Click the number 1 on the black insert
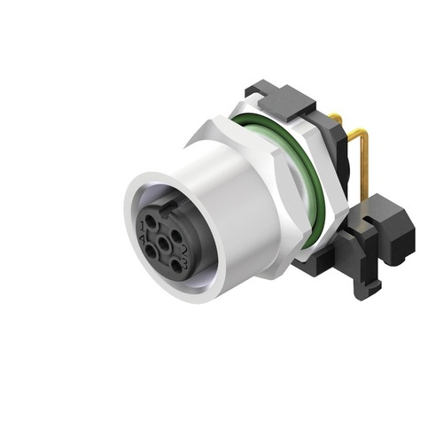[x=143, y=226]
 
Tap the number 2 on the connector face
[x=184, y=251]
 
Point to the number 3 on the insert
[x=185, y=266]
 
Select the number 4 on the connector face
[x=143, y=237]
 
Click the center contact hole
[x=164, y=244]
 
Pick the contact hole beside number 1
[x=151, y=221]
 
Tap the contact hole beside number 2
[x=176, y=236]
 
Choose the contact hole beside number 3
[x=176, y=266]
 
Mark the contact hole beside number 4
[x=151, y=252]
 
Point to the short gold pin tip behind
[x=338, y=117]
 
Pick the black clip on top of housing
[x=284, y=97]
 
